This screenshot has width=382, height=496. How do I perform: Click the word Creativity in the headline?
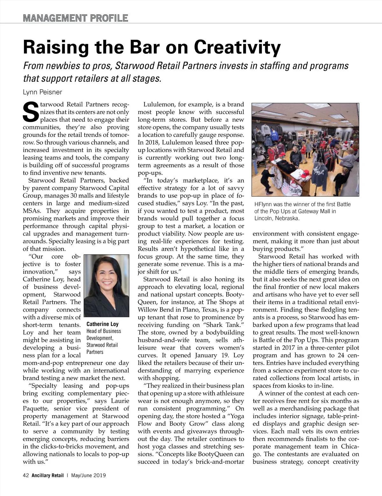(x=237, y=47)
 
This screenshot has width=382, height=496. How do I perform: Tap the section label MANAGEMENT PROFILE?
(x=75, y=18)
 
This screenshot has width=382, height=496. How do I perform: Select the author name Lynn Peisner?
(x=42, y=92)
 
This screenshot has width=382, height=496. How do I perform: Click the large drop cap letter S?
(x=31, y=112)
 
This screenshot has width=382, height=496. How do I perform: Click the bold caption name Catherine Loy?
(x=103, y=324)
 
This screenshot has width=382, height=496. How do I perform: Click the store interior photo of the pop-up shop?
(x=305, y=149)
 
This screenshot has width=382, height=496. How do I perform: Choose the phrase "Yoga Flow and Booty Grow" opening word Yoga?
(x=237, y=416)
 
